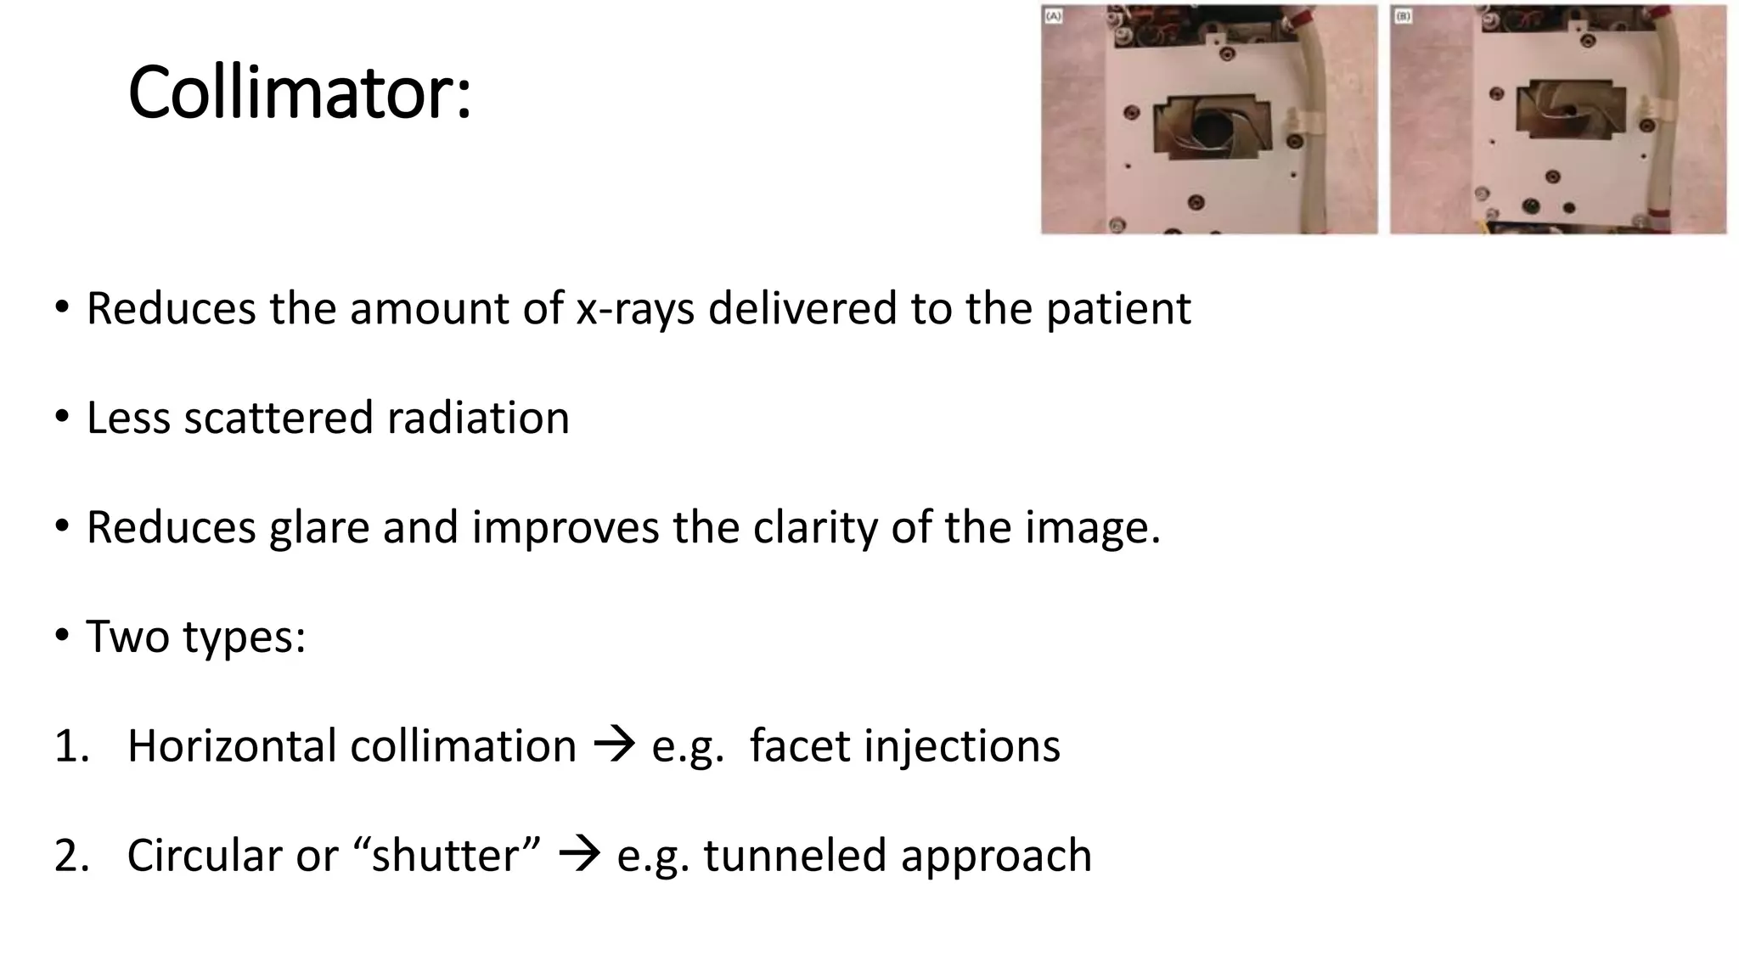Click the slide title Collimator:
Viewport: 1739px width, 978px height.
coord(299,93)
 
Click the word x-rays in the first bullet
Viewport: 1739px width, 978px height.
coord(635,308)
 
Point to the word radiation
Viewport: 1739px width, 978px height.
coord(477,418)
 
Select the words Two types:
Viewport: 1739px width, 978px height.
coord(195,637)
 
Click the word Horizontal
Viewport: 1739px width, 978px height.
coord(231,746)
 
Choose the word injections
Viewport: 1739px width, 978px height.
coord(962,746)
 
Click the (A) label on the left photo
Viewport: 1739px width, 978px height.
coord(1053,16)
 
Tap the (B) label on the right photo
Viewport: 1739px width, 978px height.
coord(1403,16)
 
